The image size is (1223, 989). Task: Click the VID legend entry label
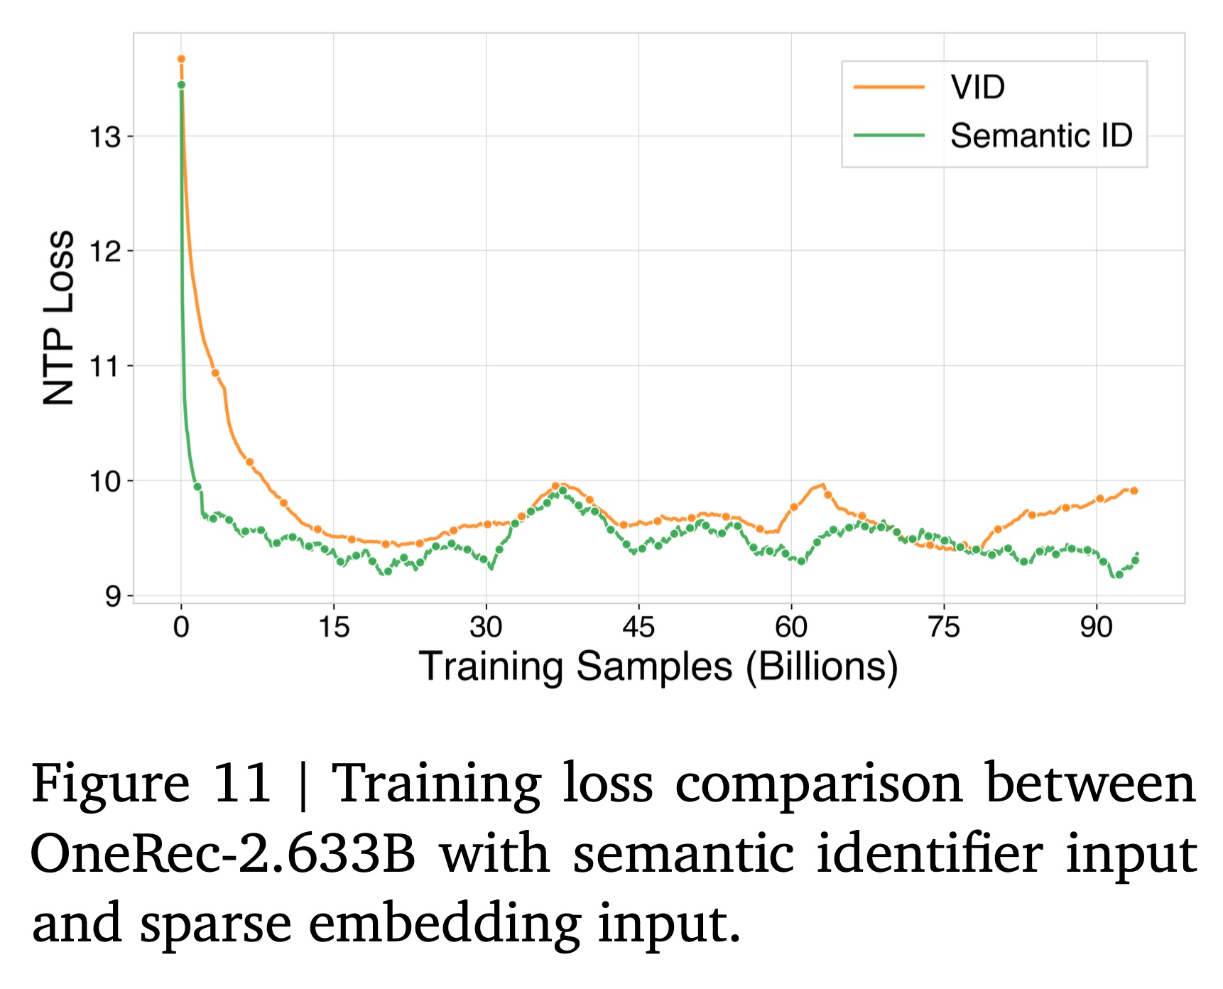[977, 87]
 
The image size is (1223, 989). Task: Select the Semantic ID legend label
[1041, 136]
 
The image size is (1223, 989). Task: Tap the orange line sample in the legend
[888, 87]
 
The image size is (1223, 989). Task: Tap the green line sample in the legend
[888, 135]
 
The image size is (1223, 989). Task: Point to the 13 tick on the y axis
[104, 136]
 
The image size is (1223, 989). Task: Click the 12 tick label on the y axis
[104, 252]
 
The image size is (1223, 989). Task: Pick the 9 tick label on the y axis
[113, 596]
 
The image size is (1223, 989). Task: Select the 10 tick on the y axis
[104, 482]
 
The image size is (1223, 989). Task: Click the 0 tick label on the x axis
[181, 627]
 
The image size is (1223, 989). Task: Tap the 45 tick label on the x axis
[638, 627]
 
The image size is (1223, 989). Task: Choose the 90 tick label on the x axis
[1096, 627]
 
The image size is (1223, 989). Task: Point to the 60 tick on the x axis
[791, 627]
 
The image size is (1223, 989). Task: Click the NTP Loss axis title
[59, 318]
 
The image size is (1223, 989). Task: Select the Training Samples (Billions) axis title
[658, 667]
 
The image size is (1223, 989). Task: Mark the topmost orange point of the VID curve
[181, 59]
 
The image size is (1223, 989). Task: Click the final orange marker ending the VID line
[1134, 491]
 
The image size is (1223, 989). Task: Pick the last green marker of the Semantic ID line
[1135, 561]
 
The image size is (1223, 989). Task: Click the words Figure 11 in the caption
[151, 783]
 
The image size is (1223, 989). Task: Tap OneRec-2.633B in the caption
[222, 853]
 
